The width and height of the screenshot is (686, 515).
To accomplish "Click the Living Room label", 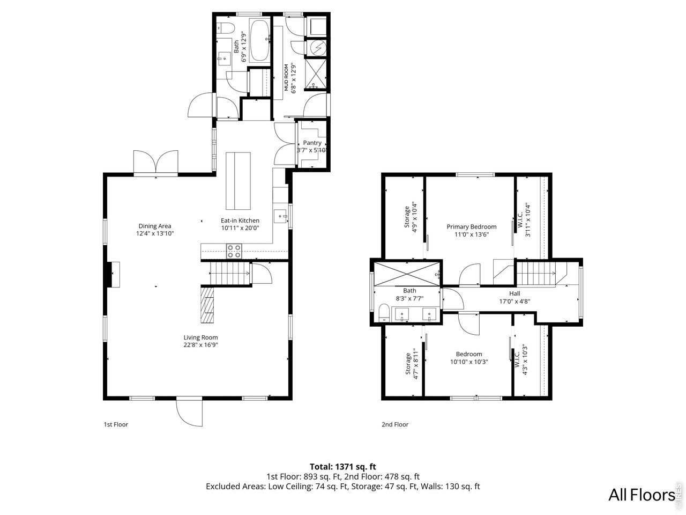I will click(x=200, y=337).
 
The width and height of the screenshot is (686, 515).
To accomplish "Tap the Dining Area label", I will click(x=154, y=226).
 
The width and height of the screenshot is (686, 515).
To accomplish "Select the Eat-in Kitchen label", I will click(x=240, y=220).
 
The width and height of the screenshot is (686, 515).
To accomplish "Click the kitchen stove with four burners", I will click(x=234, y=249).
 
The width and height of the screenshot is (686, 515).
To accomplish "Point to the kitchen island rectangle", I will click(x=238, y=181).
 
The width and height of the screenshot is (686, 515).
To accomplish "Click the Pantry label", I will click(x=312, y=143).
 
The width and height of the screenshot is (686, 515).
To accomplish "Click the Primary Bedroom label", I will click(x=472, y=227).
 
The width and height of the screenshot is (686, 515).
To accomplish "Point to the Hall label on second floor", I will click(x=514, y=293).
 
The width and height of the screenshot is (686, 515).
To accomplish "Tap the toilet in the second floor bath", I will click(x=384, y=313).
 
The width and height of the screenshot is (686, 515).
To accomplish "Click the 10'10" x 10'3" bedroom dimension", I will click(x=469, y=362).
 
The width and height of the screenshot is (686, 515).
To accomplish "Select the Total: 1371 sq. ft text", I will click(x=346, y=467).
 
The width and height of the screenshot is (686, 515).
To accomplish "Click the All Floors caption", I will click(x=642, y=495).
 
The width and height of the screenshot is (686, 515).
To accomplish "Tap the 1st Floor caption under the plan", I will click(x=116, y=424).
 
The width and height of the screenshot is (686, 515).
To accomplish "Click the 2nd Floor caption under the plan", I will click(x=395, y=424).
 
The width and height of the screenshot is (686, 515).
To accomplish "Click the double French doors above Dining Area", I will click(x=155, y=163).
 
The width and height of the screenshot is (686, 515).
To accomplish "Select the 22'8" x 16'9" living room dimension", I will click(x=200, y=345).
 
